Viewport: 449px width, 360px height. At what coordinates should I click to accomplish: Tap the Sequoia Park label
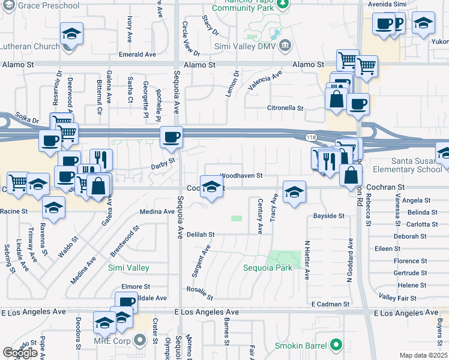268,268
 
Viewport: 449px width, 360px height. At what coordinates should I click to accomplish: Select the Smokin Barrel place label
299,345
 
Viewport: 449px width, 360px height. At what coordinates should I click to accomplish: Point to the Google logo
20,353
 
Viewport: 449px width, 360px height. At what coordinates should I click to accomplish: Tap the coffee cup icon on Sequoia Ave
171,137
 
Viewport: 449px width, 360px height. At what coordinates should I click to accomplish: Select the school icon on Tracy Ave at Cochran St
294,193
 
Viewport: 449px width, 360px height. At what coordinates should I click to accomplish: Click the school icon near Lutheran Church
71,34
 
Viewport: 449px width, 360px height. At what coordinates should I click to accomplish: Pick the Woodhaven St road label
242,175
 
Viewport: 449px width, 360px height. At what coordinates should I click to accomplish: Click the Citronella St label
285,109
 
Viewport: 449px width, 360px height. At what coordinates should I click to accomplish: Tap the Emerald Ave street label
137,54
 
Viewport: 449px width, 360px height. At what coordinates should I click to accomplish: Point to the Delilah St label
200,234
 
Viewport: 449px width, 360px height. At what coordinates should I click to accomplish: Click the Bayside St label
329,215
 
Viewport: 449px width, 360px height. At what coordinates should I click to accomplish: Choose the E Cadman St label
328,304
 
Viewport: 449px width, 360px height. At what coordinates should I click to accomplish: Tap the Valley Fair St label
397,298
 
